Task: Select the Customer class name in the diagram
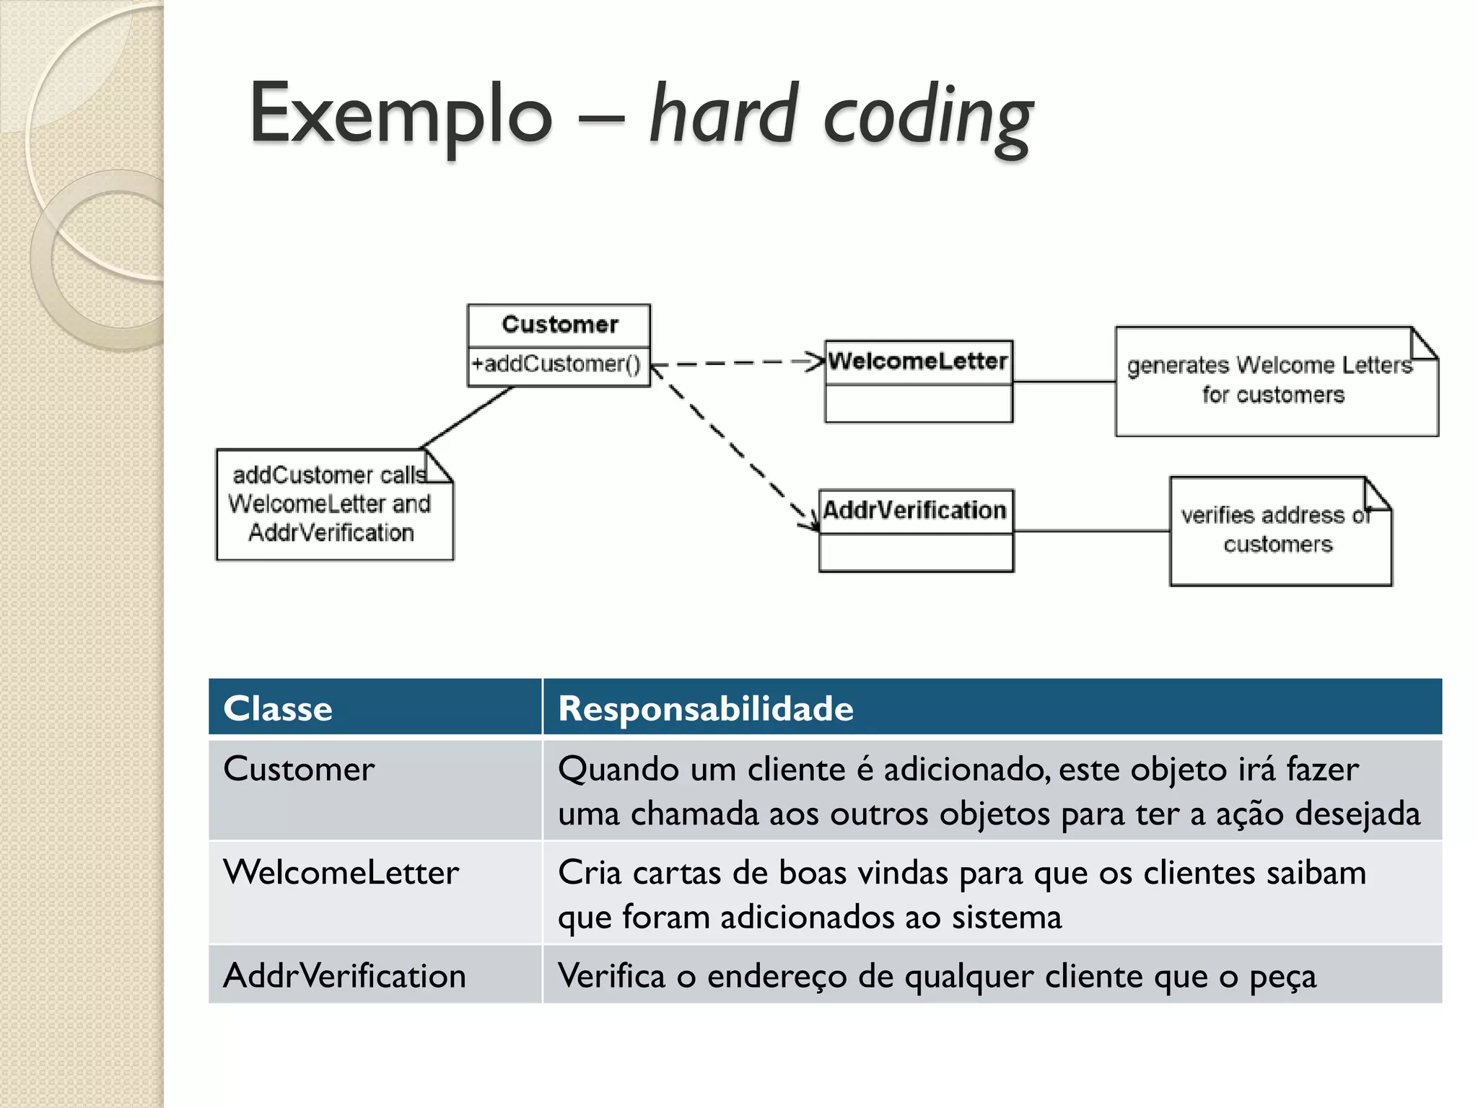[x=560, y=325]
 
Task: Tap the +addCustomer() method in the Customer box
[x=556, y=364]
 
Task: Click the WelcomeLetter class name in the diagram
[x=918, y=361]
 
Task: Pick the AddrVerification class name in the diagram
[x=915, y=511]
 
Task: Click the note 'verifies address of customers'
[x=1277, y=531]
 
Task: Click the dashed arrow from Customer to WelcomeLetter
[x=736, y=363]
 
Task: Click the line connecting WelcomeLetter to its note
[x=1064, y=381]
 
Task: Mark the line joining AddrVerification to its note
[x=1091, y=531]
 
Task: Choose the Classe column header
[x=278, y=708]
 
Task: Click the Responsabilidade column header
[x=706, y=708]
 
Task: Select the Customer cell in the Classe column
[x=299, y=769]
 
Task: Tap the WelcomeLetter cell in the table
[x=341, y=873]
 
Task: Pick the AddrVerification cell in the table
[x=344, y=976]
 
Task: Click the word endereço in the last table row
[x=777, y=977]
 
